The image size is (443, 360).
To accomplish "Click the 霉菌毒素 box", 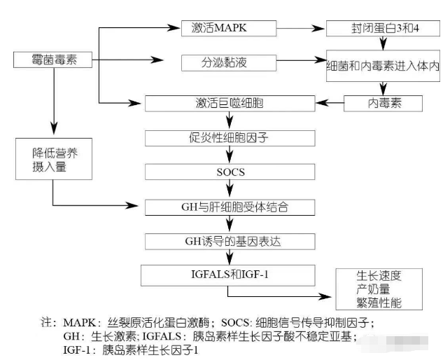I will (54, 61).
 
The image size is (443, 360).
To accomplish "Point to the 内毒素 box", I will (384, 104).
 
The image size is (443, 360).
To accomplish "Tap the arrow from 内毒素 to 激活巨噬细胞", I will (329, 104).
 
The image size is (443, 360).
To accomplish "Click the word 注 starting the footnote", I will (48, 323).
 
